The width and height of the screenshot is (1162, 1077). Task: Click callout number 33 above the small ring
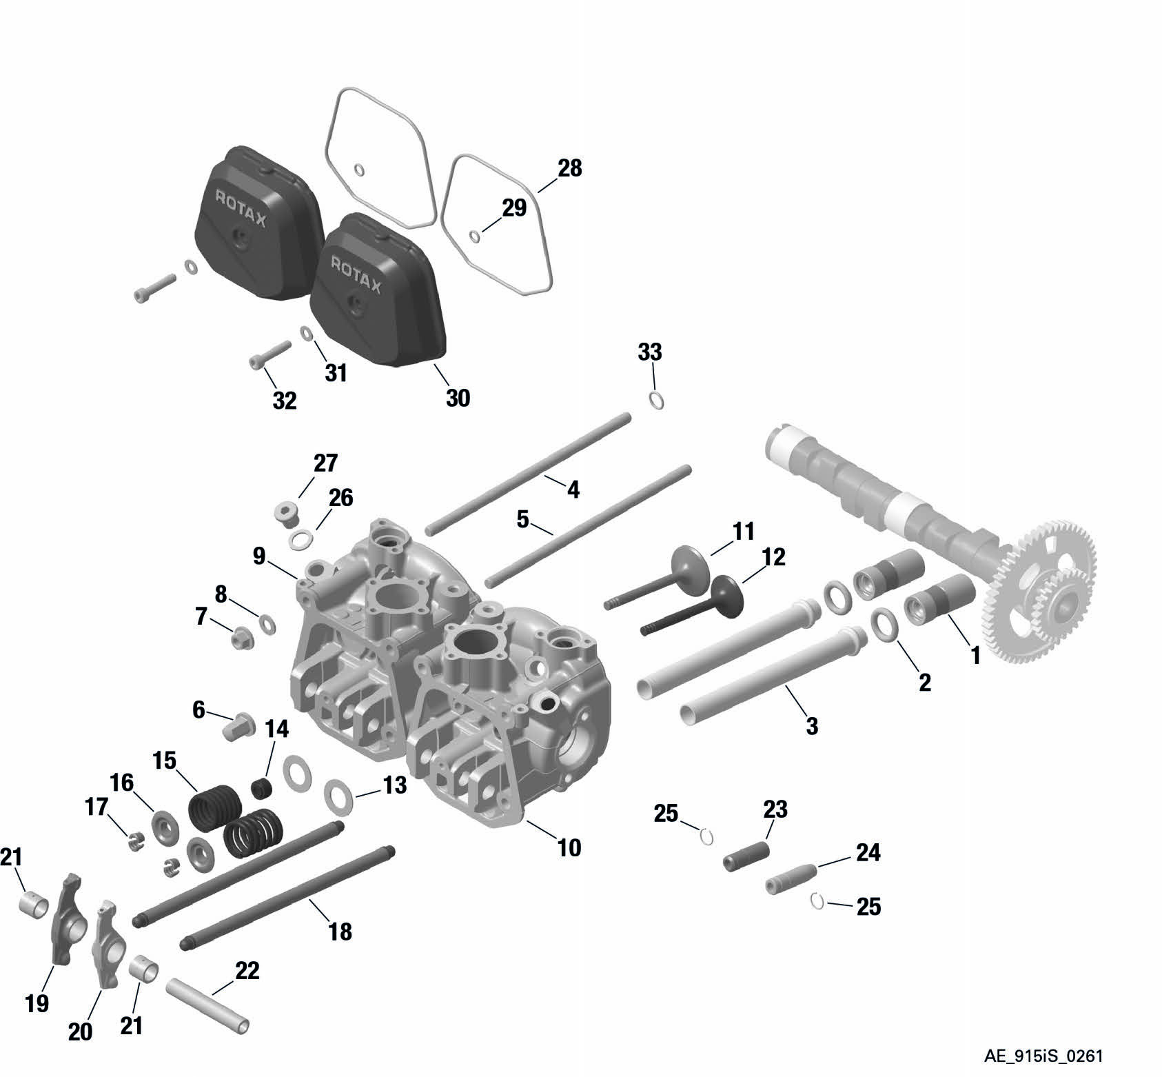(x=649, y=352)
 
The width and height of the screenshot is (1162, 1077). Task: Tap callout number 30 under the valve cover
(x=458, y=398)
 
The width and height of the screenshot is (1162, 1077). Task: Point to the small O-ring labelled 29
(x=475, y=236)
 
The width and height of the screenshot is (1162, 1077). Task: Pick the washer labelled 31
(x=307, y=334)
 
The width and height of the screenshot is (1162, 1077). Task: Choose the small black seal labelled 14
(x=261, y=787)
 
